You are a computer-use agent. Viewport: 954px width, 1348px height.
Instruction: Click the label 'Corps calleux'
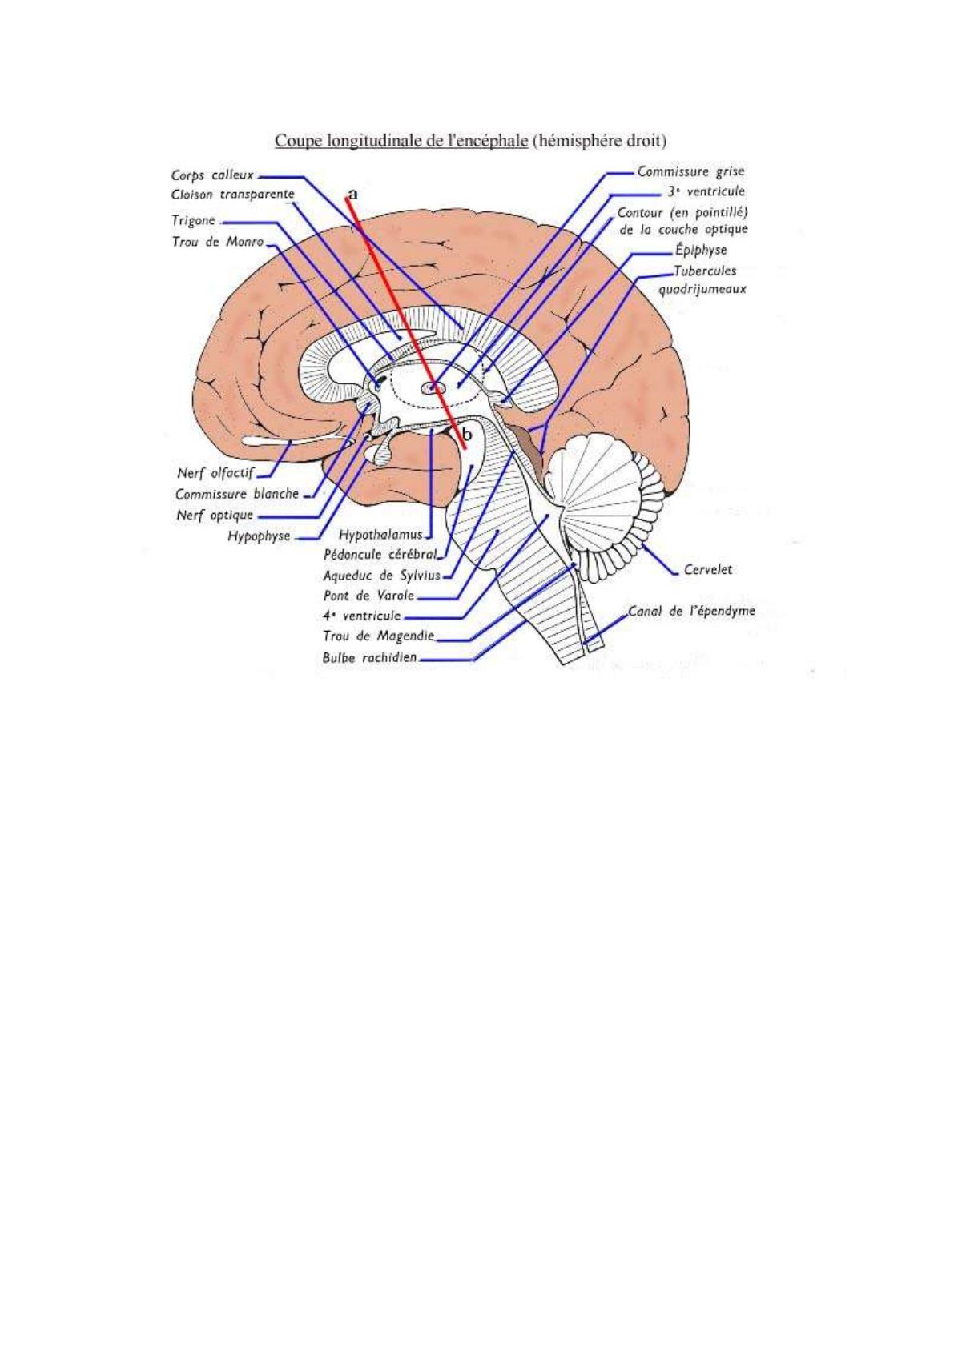[212, 175]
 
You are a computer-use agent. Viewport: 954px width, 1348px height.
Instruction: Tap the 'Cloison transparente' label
[232, 195]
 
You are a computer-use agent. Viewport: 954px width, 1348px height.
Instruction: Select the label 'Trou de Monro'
[217, 241]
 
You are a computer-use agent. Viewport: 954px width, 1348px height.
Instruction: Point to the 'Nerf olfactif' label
[215, 472]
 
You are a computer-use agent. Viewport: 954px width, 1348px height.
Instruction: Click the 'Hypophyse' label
[259, 536]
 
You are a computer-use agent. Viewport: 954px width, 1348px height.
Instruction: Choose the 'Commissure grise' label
[690, 171]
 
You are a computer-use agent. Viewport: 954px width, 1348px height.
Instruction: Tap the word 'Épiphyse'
[700, 250]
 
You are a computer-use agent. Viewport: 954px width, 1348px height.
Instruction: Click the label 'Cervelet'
[708, 570]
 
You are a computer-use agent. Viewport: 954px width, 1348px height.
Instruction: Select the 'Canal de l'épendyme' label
[691, 612]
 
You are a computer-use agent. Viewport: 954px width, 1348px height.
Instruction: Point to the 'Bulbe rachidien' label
[370, 658]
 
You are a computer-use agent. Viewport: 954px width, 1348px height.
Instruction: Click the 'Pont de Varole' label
[368, 596]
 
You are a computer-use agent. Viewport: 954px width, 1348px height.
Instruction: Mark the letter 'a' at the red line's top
[352, 194]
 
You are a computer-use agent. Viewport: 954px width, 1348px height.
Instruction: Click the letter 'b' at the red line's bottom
[468, 434]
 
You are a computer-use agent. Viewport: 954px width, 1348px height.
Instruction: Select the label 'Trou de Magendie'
[378, 636]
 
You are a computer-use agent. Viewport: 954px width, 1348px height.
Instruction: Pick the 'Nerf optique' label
[215, 515]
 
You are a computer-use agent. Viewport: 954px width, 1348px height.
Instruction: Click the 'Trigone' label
[193, 220]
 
